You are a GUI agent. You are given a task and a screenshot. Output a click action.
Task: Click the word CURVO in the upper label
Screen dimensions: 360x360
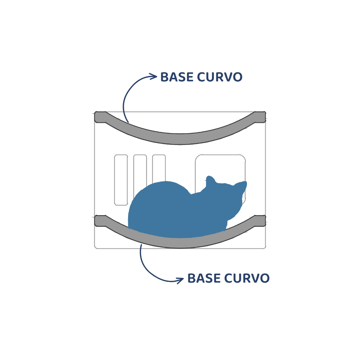[x=220, y=77]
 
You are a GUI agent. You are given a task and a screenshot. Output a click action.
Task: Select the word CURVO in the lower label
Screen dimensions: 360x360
[x=247, y=278]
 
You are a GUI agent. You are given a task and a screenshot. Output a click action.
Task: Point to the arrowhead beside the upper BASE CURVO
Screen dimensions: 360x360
[x=153, y=76]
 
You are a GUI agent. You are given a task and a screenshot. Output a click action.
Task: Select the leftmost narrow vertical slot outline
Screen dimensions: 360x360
[x=121, y=180]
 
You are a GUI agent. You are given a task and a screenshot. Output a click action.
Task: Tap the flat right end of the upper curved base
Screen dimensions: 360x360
[x=260, y=117]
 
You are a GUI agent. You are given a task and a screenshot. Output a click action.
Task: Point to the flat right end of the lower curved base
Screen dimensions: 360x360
[x=260, y=221]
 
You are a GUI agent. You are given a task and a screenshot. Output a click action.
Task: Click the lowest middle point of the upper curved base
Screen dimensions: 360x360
[x=180, y=139]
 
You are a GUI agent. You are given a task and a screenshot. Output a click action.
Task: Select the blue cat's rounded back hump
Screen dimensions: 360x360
[x=161, y=193]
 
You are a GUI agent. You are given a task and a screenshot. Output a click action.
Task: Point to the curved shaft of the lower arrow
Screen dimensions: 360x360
[x=147, y=269]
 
